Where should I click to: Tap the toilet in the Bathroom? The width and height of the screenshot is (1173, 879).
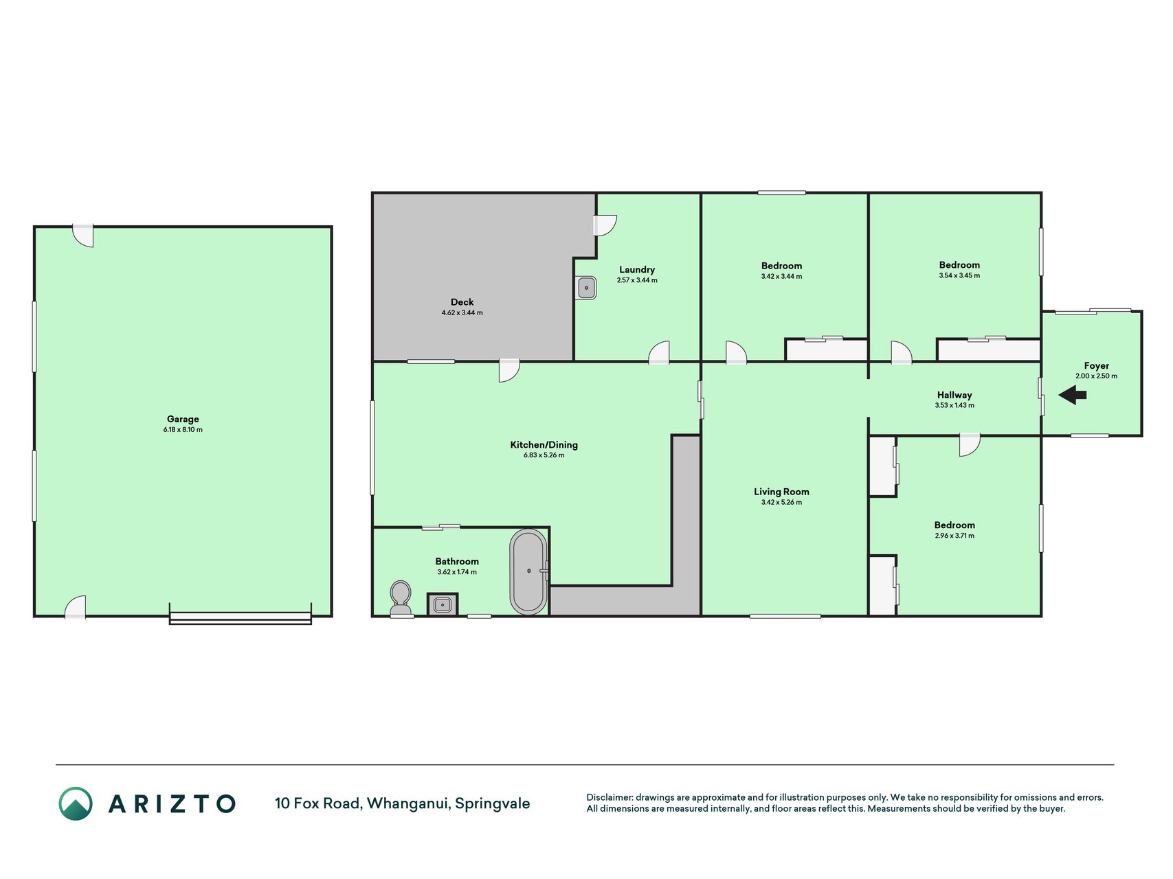pyautogui.click(x=400, y=599)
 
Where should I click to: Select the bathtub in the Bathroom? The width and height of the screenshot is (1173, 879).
pyautogui.click(x=528, y=571)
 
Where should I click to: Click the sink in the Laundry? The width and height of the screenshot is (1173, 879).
pyautogui.click(x=586, y=288)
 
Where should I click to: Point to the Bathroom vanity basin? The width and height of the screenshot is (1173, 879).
pyautogui.click(x=443, y=605)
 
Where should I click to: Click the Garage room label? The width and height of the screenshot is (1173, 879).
pyautogui.click(x=183, y=419)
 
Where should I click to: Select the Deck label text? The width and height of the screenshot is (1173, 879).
pyautogui.click(x=462, y=302)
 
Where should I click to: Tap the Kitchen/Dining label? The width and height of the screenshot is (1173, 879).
pyautogui.click(x=544, y=445)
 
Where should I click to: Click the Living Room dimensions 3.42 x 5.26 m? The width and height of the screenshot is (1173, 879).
pyautogui.click(x=782, y=503)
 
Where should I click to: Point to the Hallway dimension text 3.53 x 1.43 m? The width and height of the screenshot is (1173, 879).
pyautogui.click(x=954, y=406)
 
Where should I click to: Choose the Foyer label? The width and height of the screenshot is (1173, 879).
pyautogui.click(x=1097, y=366)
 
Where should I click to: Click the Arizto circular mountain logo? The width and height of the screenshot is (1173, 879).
pyautogui.click(x=76, y=803)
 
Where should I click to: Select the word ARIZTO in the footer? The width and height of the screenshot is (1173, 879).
pyautogui.click(x=172, y=803)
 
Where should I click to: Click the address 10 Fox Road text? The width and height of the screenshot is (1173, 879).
pyautogui.click(x=317, y=803)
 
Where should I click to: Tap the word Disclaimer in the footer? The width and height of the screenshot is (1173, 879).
pyautogui.click(x=609, y=798)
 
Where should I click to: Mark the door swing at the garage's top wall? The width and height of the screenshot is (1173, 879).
pyautogui.click(x=84, y=236)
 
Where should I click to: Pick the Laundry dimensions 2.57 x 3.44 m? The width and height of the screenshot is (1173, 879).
pyautogui.click(x=637, y=280)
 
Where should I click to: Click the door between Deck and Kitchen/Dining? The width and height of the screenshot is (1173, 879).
pyautogui.click(x=509, y=371)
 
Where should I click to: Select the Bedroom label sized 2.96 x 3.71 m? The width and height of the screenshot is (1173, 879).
pyautogui.click(x=954, y=525)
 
